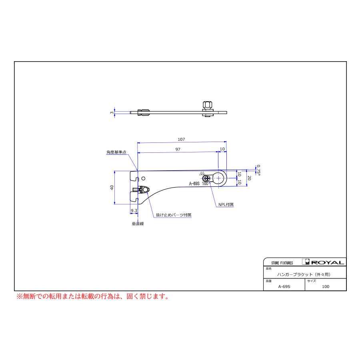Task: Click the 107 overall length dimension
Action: click(181, 139)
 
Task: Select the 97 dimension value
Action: click(178, 149)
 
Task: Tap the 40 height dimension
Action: click(112, 187)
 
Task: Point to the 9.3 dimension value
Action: click(134, 210)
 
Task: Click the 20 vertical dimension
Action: click(249, 178)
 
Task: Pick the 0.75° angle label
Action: click(258, 170)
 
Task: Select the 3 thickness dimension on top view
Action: click(112, 113)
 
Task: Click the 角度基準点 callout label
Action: click(116, 152)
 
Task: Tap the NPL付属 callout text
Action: click(226, 204)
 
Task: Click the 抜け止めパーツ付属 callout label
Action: click(174, 215)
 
